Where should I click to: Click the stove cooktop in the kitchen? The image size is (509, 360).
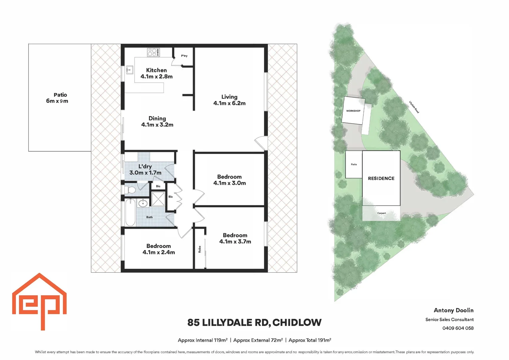154,52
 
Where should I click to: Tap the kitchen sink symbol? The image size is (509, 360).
130,70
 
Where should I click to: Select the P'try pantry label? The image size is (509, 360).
184,56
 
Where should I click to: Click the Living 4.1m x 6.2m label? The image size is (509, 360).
229,100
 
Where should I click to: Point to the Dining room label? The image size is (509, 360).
157,121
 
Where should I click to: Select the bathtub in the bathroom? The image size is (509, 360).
130,212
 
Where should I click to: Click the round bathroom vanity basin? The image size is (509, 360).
143,203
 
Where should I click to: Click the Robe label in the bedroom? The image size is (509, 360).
200,249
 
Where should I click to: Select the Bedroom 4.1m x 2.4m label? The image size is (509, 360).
159,249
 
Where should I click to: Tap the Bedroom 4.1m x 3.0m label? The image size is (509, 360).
230,180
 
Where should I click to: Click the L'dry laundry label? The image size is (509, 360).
145,169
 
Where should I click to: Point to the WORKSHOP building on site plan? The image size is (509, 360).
353,111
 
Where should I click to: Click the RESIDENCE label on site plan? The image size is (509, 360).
381,178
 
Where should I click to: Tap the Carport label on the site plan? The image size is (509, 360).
381,213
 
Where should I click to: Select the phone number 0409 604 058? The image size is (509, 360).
458,328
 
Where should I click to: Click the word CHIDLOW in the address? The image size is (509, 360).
297,322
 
